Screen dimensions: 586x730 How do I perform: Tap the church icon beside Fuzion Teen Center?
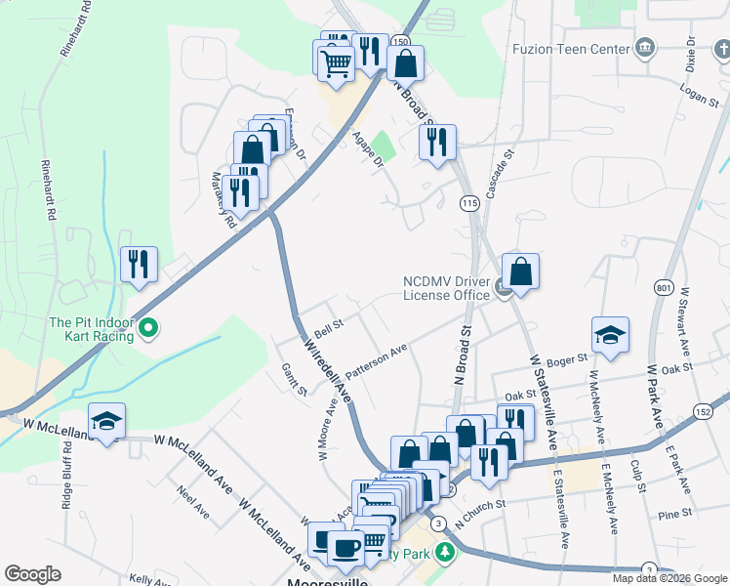[x=644, y=48]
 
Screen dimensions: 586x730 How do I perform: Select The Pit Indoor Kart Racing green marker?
[x=148, y=328]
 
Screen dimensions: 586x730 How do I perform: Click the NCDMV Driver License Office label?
[x=446, y=288]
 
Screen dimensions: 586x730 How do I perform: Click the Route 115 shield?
[x=469, y=203]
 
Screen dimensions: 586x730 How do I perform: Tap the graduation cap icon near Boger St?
[x=610, y=335]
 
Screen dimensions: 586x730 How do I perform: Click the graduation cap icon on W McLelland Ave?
[x=106, y=421]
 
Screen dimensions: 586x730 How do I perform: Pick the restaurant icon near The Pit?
[x=139, y=264]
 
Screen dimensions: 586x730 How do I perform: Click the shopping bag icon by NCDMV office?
[x=521, y=272]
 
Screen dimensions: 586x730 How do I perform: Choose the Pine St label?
[x=674, y=513]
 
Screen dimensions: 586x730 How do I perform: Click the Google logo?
[x=32, y=574]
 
